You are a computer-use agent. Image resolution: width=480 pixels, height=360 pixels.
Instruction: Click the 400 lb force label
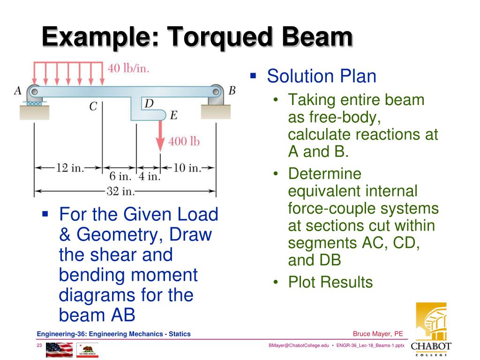[x=184, y=141]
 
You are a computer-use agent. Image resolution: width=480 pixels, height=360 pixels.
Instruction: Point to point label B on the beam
[x=232, y=90]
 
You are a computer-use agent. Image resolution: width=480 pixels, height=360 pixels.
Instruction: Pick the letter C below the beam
[x=93, y=107]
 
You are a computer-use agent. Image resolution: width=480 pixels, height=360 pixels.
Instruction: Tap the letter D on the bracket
[x=149, y=104]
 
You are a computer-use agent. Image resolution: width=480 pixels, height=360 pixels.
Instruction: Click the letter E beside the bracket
[x=173, y=115]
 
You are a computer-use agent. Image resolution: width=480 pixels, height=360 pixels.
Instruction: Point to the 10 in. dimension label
[x=187, y=167]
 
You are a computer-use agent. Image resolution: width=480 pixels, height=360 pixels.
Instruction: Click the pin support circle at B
[x=216, y=91]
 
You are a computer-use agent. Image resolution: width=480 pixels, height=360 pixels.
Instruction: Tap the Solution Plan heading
[x=322, y=76]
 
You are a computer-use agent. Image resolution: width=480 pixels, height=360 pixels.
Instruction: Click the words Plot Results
[x=330, y=282]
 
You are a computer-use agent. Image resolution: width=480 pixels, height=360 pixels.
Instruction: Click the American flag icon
[x=60, y=350]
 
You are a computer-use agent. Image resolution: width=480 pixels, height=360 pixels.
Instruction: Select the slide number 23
[x=39, y=345]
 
